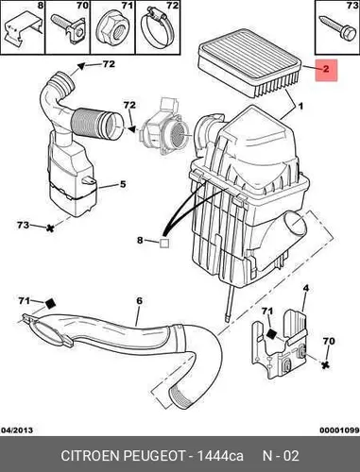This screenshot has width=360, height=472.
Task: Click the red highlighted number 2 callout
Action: click(326, 70)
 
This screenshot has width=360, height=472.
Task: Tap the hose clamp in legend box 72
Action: click(158, 29)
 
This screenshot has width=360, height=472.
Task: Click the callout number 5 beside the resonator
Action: click(123, 184)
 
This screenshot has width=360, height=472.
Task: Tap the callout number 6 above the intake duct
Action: click(140, 301)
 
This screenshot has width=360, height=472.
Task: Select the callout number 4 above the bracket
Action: click(305, 289)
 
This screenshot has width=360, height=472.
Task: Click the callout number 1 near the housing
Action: click(300, 107)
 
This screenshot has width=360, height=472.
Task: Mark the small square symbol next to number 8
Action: click(164, 244)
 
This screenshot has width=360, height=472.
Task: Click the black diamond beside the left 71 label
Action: click(50, 304)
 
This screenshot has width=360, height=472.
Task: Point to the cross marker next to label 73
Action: click(49, 228)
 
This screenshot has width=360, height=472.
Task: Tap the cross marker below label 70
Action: click(325, 364)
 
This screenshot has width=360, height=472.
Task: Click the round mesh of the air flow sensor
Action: click(180, 133)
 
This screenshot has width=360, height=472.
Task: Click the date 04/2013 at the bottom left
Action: click(17, 430)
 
